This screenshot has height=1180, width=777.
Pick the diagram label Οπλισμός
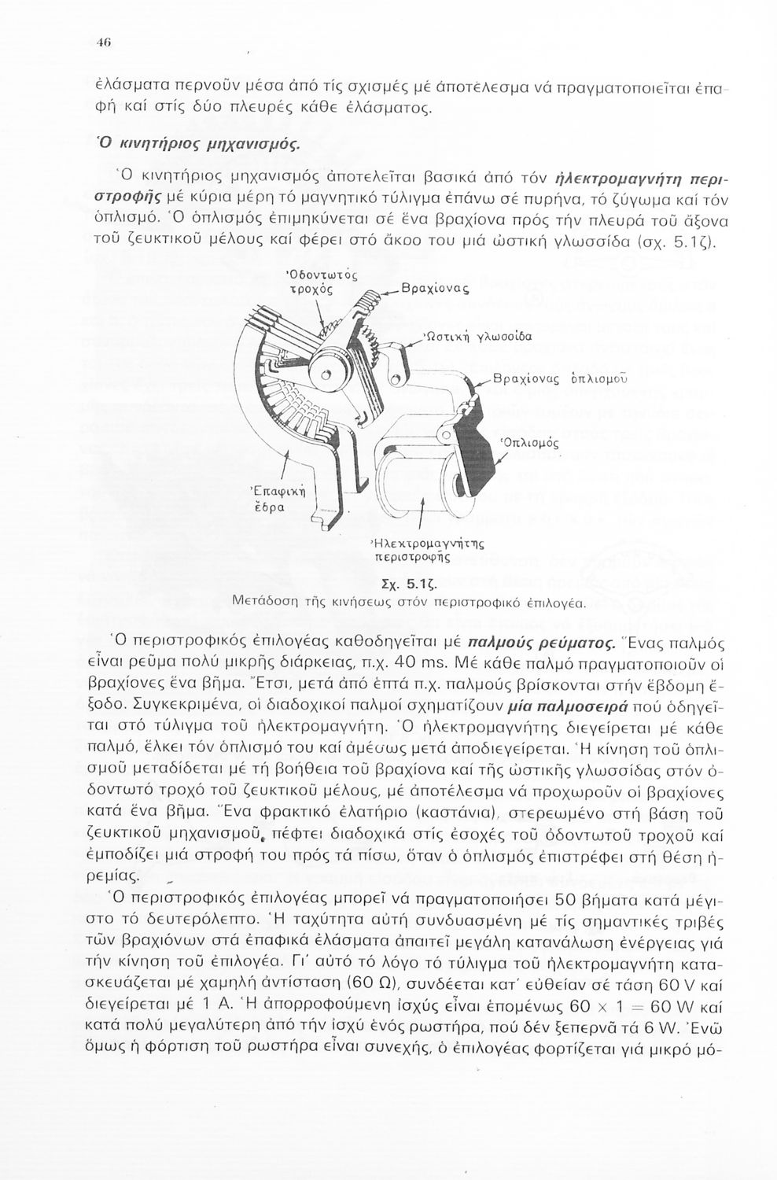[x=528, y=443]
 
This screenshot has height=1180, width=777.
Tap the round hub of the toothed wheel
[x=326, y=363]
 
